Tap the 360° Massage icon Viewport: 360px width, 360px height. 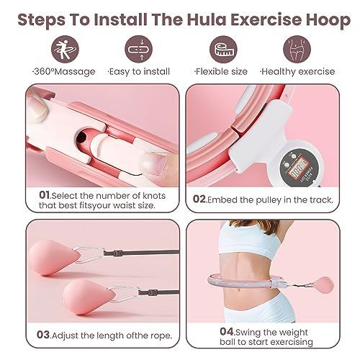(x=65, y=49)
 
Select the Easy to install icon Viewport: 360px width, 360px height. (x=139, y=49)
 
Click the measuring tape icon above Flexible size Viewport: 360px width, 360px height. (x=223, y=49)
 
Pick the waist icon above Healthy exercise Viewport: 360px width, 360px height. (x=297, y=49)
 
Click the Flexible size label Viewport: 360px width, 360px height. (x=221, y=71)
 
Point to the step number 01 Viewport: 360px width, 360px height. (x=44, y=195)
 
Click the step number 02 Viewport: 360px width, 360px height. (x=199, y=199)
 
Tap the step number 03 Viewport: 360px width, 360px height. (x=43, y=335)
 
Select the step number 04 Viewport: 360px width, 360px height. (x=227, y=332)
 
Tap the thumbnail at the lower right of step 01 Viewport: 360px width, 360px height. (x=153, y=163)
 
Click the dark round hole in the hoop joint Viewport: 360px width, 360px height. (x=81, y=138)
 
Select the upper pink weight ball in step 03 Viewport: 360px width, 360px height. (x=54, y=257)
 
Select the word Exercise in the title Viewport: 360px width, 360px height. (x=266, y=19)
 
